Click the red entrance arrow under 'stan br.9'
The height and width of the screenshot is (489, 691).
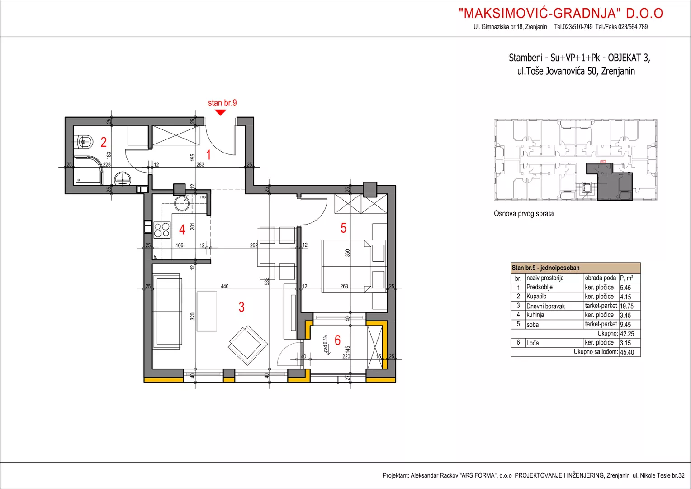[x=220, y=112]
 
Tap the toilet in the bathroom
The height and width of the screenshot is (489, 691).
[x=84, y=142]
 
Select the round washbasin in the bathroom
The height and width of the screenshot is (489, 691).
[x=123, y=179]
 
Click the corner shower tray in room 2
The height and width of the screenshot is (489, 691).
[x=88, y=171]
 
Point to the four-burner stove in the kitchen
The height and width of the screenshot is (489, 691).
[x=162, y=230]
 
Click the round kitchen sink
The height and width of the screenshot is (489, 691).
[x=182, y=203]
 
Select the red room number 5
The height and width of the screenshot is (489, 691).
[x=343, y=228]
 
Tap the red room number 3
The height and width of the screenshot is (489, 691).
[x=241, y=307]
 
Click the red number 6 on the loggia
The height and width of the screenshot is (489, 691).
[x=337, y=340]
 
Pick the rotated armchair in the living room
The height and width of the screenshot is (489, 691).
[x=248, y=345]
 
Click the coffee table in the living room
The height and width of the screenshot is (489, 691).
[x=207, y=311]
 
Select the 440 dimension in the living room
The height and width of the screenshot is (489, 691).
[x=225, y=286]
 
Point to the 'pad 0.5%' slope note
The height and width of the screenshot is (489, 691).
[x=325, y=344]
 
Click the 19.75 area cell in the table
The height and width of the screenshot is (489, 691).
[x=626, y=306]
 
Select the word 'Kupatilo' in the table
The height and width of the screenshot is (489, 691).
[x=536, y=296]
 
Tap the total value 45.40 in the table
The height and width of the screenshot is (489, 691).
[x=627, y=352]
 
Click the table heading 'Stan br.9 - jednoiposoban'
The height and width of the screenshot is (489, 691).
[x=546, y=268]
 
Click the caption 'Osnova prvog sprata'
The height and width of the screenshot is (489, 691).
[x=524, y=213]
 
